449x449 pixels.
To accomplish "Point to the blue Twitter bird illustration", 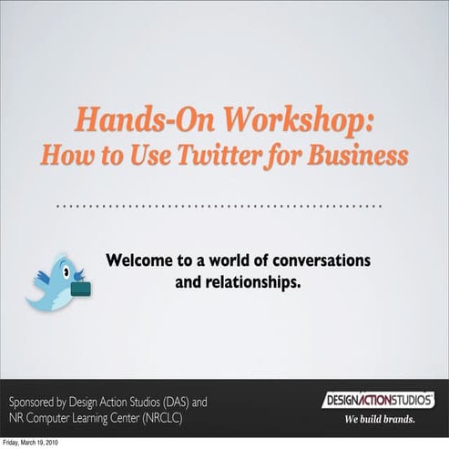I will pyautogui.click(x=59, y=280).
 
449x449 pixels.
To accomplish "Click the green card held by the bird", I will pyautogui.click(x=80, y=290).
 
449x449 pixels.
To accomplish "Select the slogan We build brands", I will pyautogui.click(x=379, y=420).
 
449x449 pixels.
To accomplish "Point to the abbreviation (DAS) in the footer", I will pyautogui.click(x=178, y=402).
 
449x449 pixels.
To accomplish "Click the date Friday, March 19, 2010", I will pyautogui.click(x=33, y=444).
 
